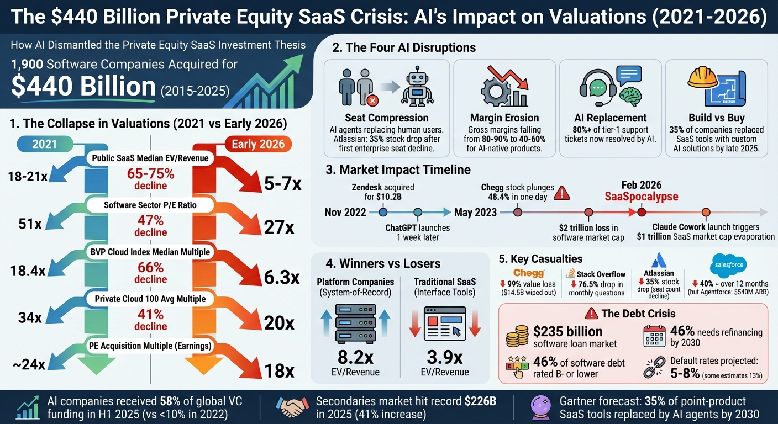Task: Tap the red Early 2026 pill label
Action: coord(258,144)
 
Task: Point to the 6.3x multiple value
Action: coord(281,277)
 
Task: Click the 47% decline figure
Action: coord(150,225)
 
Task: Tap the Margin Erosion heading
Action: coord(504,118)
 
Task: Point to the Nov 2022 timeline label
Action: coord(345,212)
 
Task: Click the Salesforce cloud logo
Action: coord(729,264)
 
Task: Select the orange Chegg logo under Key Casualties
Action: coord(529,273)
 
